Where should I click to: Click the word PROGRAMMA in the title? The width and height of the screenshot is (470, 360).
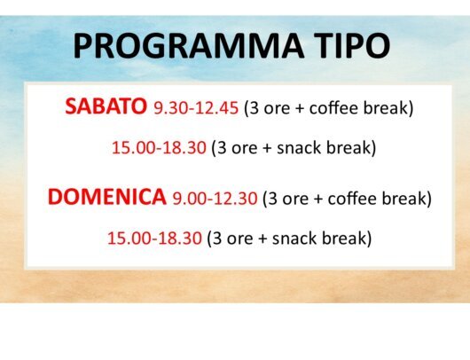coord(189,46)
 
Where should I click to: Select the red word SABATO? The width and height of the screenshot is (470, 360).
coord(106,106)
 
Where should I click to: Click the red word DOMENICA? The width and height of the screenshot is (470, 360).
coord(107,197)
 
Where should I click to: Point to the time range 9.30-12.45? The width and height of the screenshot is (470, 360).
coord(196,108)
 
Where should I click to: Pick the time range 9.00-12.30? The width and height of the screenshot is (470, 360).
coord(215,199)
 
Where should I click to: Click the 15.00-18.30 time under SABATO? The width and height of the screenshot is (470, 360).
coord(159,148)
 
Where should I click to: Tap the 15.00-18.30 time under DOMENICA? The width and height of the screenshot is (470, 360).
coord(154,239)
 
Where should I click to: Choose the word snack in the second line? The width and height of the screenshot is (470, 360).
coord(299,148)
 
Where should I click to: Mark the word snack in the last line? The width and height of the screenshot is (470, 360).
coord(294,239)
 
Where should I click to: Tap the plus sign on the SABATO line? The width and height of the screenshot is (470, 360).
coord(300,108)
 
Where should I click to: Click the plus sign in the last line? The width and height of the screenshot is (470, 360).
coord(262,239)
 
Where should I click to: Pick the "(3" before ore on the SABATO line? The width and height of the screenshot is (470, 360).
coord(252,108)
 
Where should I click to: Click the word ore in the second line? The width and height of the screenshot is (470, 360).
coord(244,149)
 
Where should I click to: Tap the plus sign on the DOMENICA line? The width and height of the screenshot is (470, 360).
coord(318,200)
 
